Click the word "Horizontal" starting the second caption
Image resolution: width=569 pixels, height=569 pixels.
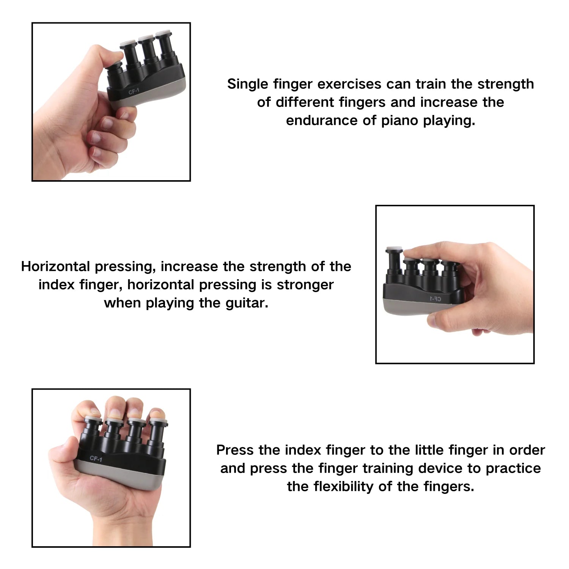coord(55,266)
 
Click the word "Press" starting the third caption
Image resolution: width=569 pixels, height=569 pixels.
coord(235,450)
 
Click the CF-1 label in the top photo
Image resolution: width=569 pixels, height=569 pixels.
coord(134,91)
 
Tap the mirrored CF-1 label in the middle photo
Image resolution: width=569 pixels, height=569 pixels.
coord(435,299)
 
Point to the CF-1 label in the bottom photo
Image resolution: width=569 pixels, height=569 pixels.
coord(96,459)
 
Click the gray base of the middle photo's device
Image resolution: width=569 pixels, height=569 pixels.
coord(417,307)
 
